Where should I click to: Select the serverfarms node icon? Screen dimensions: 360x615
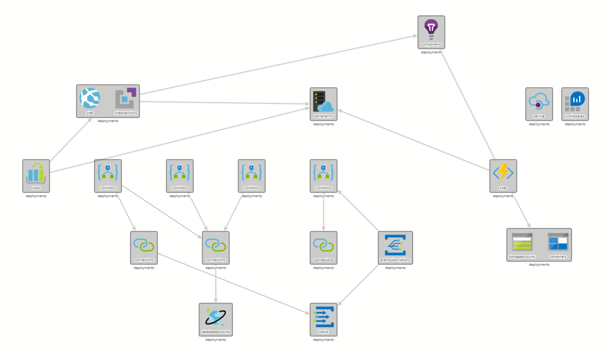point(323,101)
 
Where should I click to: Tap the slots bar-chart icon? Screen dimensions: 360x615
point(36,173)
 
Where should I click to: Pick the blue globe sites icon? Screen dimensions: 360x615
point(90,98)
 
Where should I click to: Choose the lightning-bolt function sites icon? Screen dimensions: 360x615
point(503,173)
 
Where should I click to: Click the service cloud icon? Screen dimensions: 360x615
point(539,101)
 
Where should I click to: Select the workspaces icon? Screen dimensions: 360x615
point(575,101)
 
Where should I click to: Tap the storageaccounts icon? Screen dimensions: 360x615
point(522,242)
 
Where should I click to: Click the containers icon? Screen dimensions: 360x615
point(558,242)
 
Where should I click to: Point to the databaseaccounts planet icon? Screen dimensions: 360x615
point(216,317)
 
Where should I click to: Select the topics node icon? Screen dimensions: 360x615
point(323,317)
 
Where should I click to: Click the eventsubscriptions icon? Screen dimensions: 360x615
point(395,245)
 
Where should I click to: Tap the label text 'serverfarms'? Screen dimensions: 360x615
point(323,116)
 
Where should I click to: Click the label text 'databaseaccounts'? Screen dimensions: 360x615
point(216,332)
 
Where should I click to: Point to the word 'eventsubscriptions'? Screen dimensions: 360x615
point(395,260)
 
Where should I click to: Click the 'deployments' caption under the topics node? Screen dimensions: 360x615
point(323,340)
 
